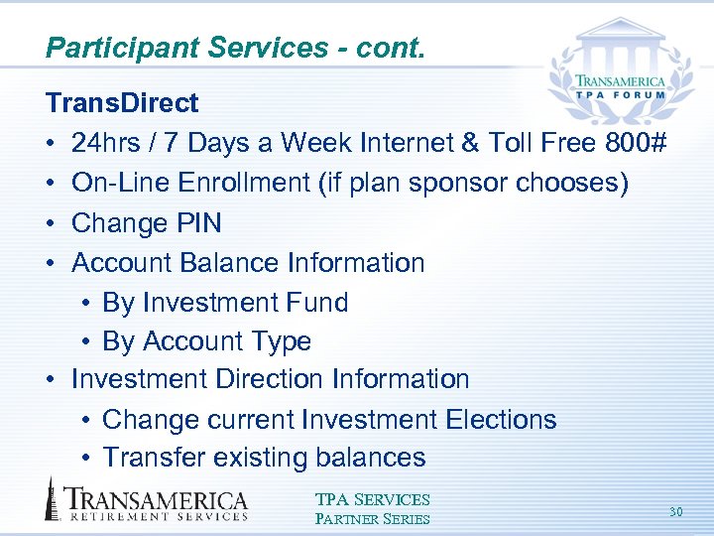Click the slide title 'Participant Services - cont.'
[235, 48]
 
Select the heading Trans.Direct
[122, 103]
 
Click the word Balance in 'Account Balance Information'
[230, 263]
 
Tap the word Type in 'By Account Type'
[283, 341]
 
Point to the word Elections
[501, 420]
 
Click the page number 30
[675, 512]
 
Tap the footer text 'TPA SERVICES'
[372, 500]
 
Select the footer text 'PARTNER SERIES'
[372, 518]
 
